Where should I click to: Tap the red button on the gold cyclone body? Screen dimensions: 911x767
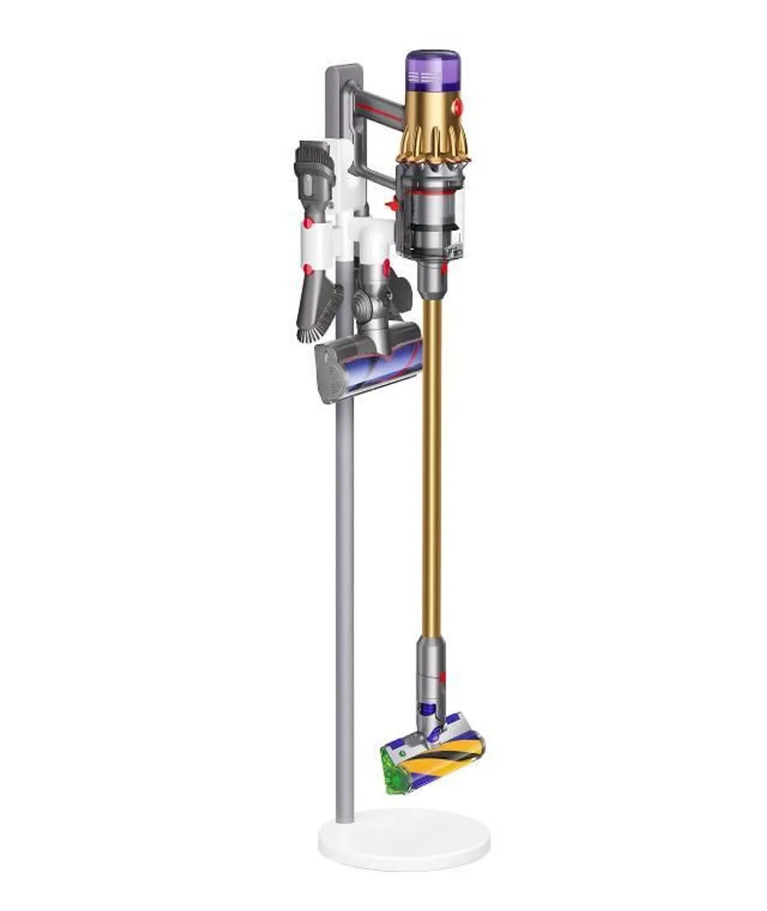coord(457,105)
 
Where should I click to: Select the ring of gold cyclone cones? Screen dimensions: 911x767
coord(432,145)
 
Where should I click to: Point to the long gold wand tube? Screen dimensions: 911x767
coord(432,455)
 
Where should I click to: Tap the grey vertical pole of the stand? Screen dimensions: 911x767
coord(344,607)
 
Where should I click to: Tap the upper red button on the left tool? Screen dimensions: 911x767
coord(308,223)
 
